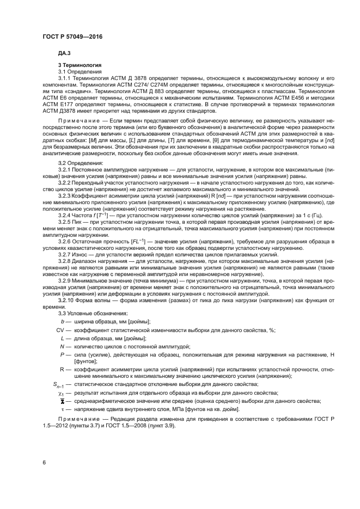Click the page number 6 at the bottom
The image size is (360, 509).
click(x=44, y=462)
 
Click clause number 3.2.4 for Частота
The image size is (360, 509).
click(x=66, y=216)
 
